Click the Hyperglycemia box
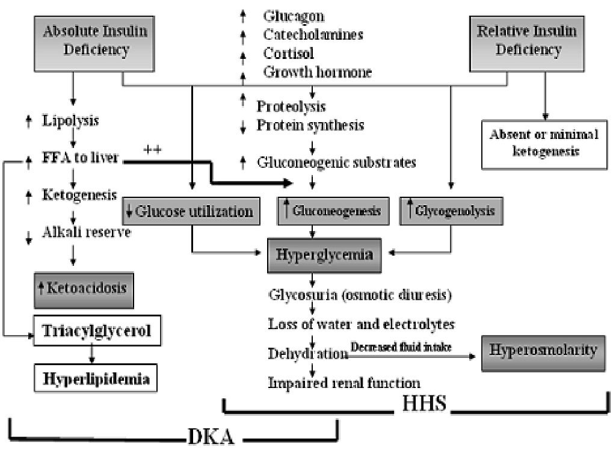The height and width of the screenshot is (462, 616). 324,254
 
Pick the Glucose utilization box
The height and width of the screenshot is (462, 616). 192,211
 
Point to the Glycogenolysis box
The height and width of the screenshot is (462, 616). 451,211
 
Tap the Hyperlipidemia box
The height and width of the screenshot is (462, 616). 96,379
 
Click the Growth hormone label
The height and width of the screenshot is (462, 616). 317,73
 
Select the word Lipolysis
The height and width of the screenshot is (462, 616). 70,120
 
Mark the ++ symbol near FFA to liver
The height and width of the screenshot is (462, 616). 153,149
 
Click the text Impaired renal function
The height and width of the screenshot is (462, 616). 343,382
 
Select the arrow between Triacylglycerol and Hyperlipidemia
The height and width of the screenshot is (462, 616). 91,354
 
